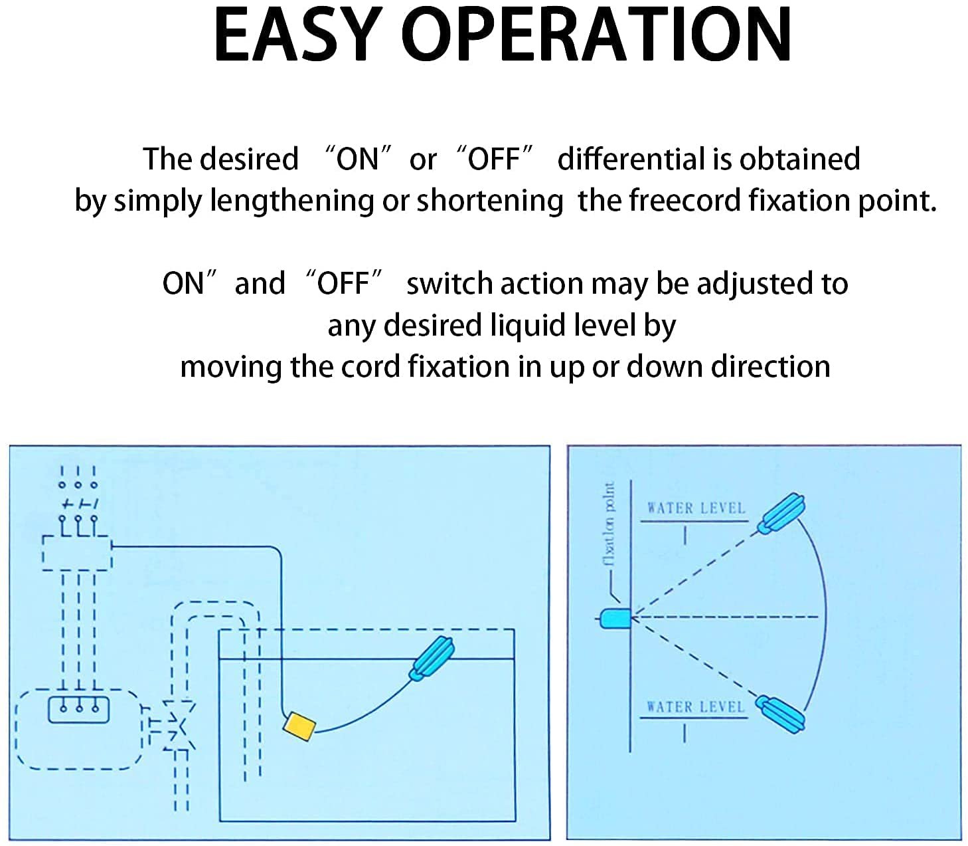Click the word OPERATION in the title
596,35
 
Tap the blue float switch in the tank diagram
434,659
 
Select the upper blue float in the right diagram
781,513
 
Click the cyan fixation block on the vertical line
615,618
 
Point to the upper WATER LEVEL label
696,508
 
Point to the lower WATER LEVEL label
695,706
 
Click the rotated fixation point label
610,524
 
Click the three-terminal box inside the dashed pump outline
78,709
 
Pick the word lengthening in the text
291,200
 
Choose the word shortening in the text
489,200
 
